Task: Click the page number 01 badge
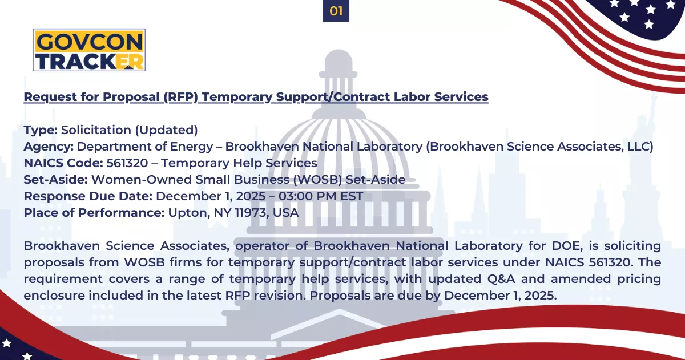click(336, 11)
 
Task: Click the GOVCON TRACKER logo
click(89, 50)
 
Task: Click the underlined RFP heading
click(256, 97)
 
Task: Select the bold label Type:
click(41, 130)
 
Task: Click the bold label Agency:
click(49, 147)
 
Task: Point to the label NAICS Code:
click(63, 163)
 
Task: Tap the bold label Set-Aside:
click(56, 180)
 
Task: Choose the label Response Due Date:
click(88, 196)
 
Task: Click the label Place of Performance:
click(94, 213)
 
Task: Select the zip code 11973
click(250, 213)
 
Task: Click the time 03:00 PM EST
click(321, 196)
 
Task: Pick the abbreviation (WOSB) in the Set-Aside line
click(317, 180)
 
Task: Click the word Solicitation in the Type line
click(96, 130)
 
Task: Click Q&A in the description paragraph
click(502, 279)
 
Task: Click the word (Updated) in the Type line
click(166, 130)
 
